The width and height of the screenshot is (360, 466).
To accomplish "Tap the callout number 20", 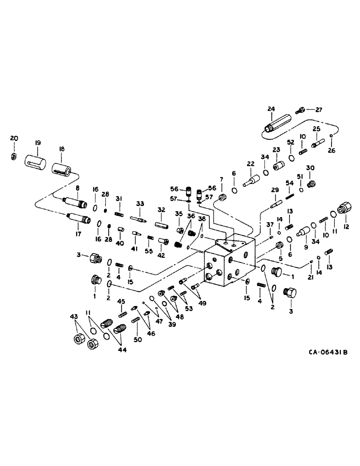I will pos(14,138).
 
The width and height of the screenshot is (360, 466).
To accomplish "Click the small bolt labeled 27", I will pos(301,110).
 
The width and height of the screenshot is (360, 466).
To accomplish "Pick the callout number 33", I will pos(139,204).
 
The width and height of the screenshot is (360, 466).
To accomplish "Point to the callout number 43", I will pos(74,317).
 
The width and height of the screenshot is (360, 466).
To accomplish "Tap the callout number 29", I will pos(275,190).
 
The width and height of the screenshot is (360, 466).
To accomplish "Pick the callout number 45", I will pos(121,301).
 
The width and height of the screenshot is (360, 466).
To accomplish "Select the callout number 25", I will pos(316,129).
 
